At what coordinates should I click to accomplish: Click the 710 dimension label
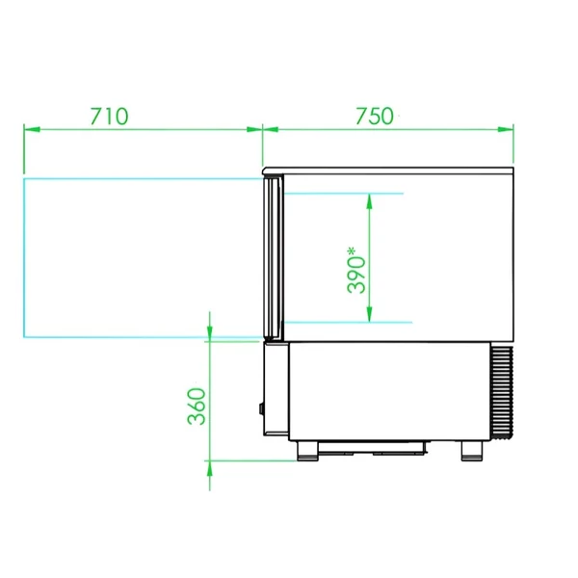click(110, 117)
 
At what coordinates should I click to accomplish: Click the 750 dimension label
click(375, 117)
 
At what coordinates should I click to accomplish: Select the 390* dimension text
click(356, 270)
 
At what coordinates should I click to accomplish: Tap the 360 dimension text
click(197, 407)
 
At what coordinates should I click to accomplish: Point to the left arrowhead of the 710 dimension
click(32, 129)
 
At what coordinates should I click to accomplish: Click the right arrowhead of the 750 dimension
click(506, 129)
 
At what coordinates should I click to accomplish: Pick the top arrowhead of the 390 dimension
click(369, 201)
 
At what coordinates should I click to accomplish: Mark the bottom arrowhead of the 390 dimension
click(369, 314)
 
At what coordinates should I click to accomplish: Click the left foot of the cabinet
click(307, 451)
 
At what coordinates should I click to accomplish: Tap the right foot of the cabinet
click(472, 451)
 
